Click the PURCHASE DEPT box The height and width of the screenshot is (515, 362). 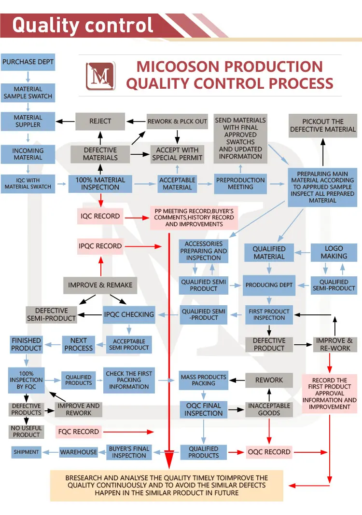click(x=28, y=62)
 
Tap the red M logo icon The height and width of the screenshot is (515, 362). click(x=100, y=76)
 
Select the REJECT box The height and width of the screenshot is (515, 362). click(x=100, y=121)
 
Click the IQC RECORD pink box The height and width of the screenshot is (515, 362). click(x=100, y=216)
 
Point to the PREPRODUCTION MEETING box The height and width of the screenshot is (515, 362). click(x=240, y=183)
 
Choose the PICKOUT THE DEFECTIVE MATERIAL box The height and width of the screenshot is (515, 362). click(x=323, y=125)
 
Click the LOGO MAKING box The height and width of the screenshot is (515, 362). click(x=334, y=253)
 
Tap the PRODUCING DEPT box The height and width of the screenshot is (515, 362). click(x=269, y=285)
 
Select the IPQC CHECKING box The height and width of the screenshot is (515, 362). click(x=129, y=314)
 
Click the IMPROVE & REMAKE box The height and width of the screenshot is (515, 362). click(x=100, y=285)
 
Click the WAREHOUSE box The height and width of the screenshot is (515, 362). click(x=79, y=452)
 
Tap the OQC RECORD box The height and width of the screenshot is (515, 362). click(x=269, y=452)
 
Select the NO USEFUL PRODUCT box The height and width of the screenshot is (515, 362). click(x=27, y=431)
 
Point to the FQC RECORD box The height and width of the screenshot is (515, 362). click(x=78, y=432)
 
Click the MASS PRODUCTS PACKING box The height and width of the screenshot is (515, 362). click(x=203, y=380)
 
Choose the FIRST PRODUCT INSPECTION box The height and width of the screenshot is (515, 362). click(x=269, y=314)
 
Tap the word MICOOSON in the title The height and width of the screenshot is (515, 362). click(x=180, y=67)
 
